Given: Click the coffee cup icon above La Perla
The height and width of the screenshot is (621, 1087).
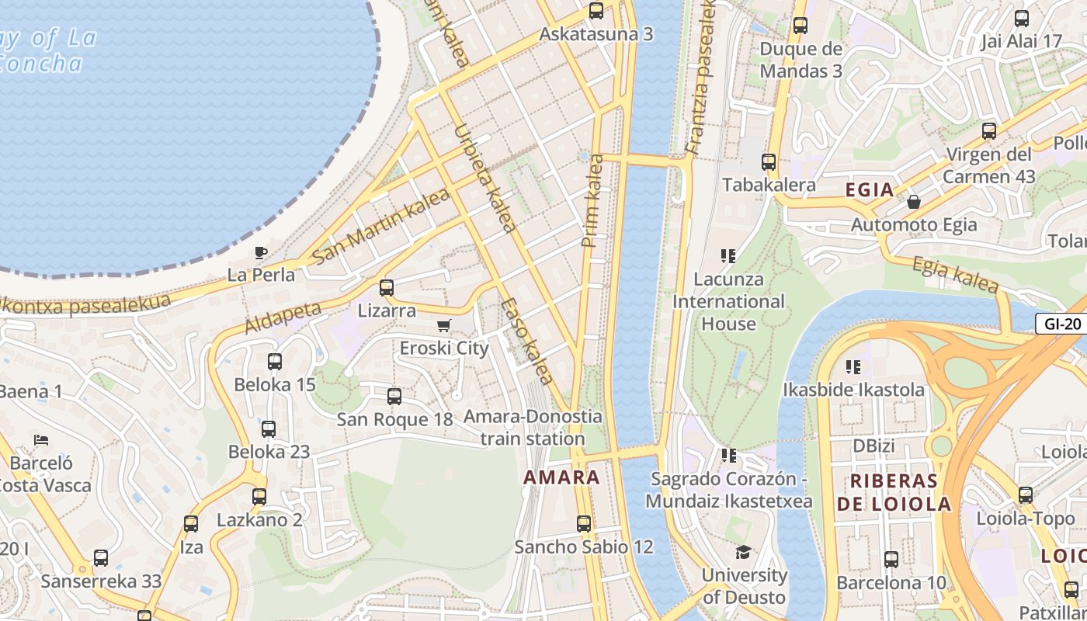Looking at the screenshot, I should click(x=261, y=252).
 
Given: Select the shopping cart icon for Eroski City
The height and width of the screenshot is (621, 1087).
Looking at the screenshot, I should click(x=443, y=325).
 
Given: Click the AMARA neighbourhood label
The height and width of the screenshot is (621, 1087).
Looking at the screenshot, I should click(x=561, y=477).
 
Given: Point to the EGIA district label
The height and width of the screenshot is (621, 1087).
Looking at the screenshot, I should click(x=870, y=190).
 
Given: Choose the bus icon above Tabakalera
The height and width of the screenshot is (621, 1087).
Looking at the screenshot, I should click(x=769, y=162).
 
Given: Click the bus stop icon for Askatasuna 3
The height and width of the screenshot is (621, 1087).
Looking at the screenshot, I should click(x=596, y=11).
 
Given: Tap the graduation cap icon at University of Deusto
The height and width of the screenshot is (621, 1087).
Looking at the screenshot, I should click(x=744, y=552).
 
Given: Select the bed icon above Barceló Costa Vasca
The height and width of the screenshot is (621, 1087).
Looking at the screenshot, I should click(x=42, y=440).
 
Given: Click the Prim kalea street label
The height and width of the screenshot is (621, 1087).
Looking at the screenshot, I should click(x=592, y=201).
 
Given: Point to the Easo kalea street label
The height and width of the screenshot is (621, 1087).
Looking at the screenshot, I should click(x=526, y=342).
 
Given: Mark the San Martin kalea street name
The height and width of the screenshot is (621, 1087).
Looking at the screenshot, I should click(x=380, y=226).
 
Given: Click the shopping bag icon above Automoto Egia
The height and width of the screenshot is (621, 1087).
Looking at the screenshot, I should click(x=914, y=202).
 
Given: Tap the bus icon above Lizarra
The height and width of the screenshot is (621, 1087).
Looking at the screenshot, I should click(x=387, y=288).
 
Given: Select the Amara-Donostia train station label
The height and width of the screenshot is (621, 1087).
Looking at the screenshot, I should click(x=533, y=427).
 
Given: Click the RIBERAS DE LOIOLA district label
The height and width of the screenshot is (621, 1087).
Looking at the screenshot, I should click(x=894, y=492).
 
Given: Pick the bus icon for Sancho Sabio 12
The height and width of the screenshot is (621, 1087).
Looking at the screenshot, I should click(x=584, y=524).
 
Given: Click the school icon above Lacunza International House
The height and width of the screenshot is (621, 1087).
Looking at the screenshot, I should click(x=728, y=255).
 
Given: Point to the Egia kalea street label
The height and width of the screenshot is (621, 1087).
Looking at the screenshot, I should click(x=955, y=275).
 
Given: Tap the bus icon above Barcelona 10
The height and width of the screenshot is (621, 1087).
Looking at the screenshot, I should click(x=891, y=559).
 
